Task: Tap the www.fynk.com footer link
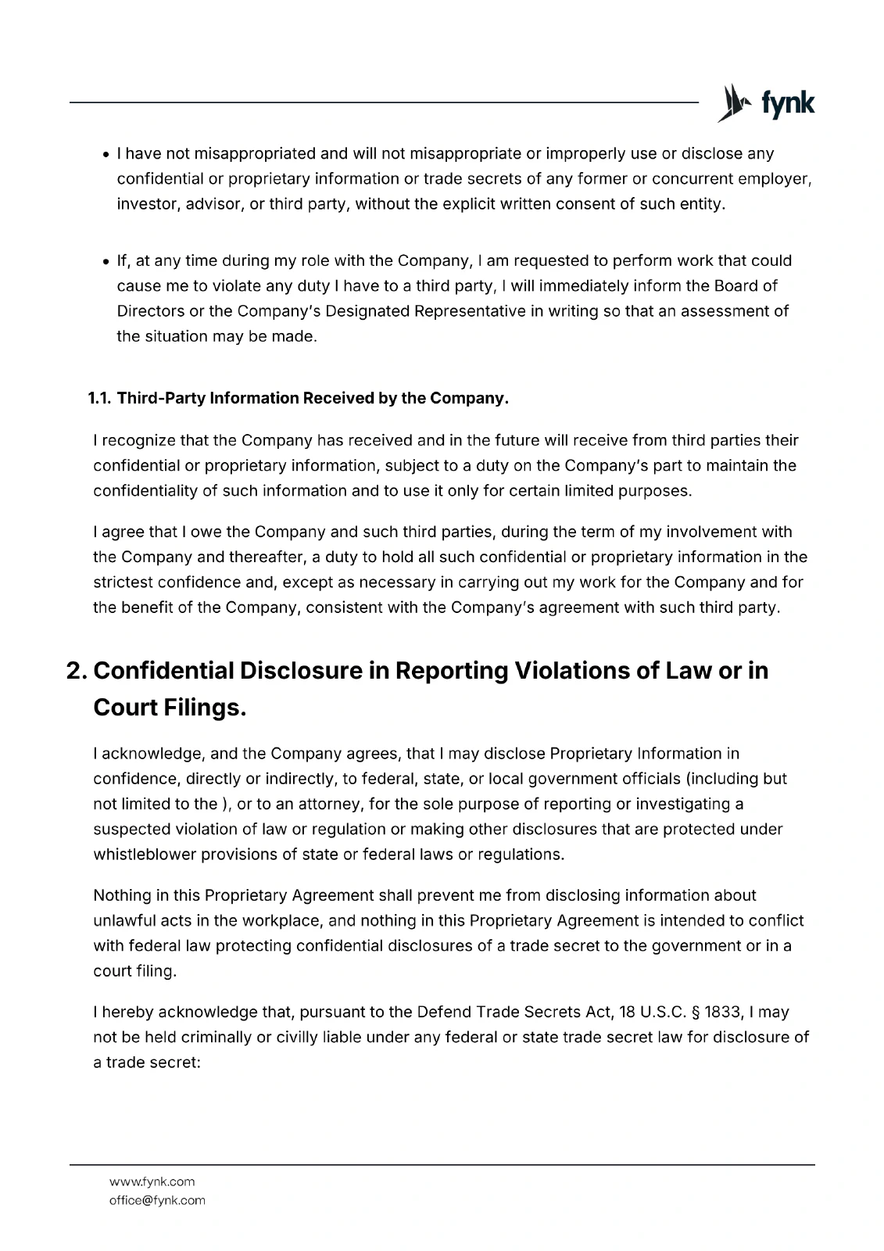pyautogui.click(x=152, y=1181)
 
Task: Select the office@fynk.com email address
pyautogui.click(x=157, y=1200)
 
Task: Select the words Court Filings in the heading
pyautogui.click(x=170, y=708)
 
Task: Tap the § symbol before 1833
pyautogui.click(x=695, y=1012)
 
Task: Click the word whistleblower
pyautogui.click(x=144, y=854)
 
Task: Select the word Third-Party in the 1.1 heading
pyautogui.click(x=161, y=398)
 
